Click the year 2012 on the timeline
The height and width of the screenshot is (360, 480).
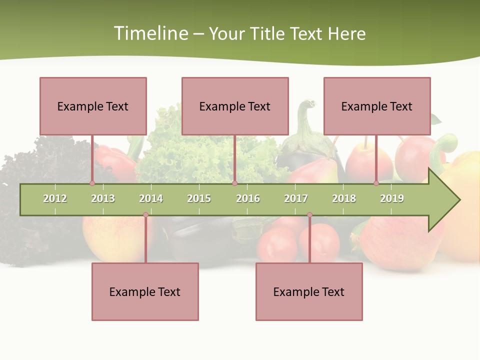55,198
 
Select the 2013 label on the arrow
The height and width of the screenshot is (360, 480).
103,198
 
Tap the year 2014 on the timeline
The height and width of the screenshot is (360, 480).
151,198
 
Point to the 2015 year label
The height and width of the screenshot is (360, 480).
199,198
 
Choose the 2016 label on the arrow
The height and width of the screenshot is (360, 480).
248,198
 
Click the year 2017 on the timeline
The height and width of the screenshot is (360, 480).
296,198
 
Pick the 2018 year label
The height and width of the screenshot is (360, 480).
344,198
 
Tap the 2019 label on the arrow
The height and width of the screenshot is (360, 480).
392,198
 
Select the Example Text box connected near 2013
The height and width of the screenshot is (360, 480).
93,106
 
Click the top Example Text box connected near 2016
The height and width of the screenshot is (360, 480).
235,106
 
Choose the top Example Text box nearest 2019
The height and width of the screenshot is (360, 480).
377,106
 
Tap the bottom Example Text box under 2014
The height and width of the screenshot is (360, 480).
145,292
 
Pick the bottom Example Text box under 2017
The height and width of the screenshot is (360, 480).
309,292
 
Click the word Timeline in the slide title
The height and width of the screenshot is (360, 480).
150,33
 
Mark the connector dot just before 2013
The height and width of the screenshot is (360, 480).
92,183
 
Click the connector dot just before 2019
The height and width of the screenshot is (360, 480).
376,183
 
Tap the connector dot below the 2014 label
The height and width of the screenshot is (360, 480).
145,215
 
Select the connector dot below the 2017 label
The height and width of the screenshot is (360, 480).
309,215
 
